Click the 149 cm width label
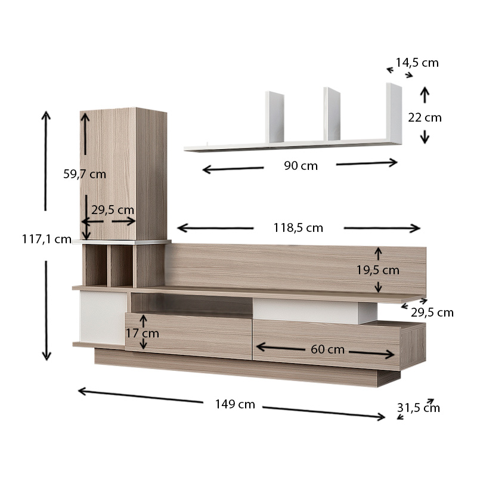click(235, 404)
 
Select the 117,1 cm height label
click(47, 239)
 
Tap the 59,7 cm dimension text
click(85, 174)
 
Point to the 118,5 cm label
click(298, 228)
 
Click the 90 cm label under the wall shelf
click(301, 166)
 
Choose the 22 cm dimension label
click(425, 117)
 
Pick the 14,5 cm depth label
click(417, 62)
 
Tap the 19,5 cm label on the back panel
click(378, 270)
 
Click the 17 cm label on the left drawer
click(142, 333)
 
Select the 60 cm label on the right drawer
click(327, 349)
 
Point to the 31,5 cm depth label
click(419, 408)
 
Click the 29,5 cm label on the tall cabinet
click(113, 210)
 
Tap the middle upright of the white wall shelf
click(331, 113)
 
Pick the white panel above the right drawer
click(307, 311)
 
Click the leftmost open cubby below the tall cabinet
click(95, 266)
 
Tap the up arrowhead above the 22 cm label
click(425, 91)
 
